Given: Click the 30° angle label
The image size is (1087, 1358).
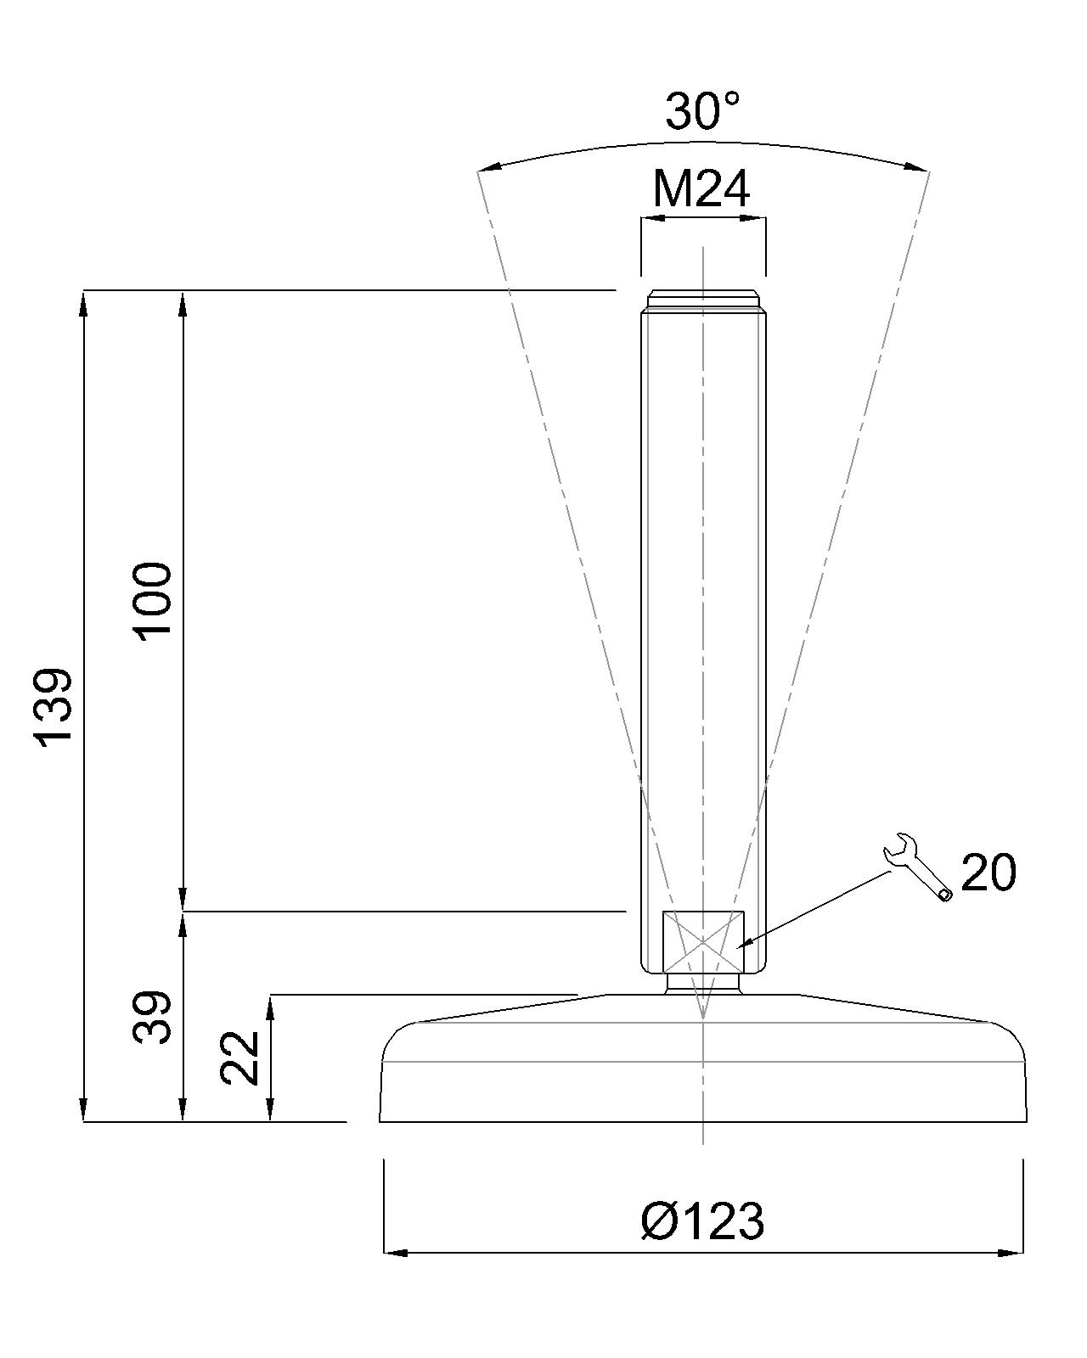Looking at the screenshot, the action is click(x=702, y=111).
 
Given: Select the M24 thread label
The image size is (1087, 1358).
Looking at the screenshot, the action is click(x=701, y=189).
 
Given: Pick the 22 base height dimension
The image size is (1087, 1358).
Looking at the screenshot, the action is click(x=239, y=1058).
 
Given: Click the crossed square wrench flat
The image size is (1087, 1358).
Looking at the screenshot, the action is click(x=703, y=943).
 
